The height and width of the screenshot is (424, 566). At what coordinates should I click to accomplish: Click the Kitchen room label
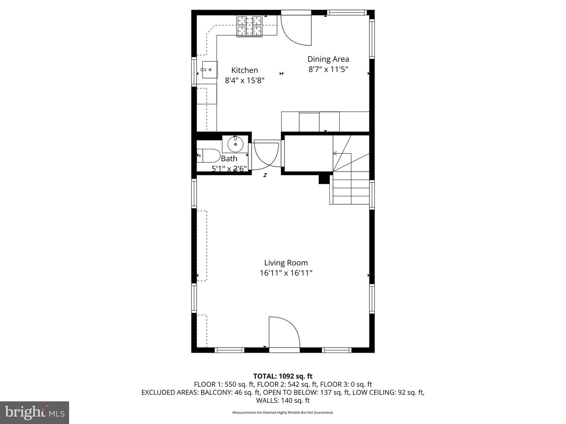pos(244,70)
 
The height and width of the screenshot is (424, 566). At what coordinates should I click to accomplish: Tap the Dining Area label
pos(328,59)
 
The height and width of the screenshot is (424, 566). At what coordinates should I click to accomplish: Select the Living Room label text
pos(286,263)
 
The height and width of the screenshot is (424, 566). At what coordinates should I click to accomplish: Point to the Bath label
pos(229,159)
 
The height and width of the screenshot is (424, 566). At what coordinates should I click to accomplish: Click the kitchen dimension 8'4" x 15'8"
pos(245,80)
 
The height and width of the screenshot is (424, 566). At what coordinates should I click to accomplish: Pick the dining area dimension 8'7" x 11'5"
pos(328,69)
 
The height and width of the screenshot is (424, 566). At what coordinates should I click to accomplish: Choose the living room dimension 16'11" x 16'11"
pos(286,273)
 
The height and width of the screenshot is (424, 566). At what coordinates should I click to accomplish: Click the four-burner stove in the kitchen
pos(249,26)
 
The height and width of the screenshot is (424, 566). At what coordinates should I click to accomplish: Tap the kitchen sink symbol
pos(209,69)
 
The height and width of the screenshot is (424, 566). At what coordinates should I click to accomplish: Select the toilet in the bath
pos(208,155)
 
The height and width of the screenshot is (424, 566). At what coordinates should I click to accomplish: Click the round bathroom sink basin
pos(235,144)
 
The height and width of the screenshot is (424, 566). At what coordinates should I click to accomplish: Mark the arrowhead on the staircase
pos(335,154)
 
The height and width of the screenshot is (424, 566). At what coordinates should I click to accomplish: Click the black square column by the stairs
pos(324,179)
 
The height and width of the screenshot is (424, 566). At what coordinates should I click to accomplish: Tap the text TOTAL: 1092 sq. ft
pos(283,376)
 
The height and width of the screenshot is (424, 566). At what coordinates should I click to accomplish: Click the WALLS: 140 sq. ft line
pos(283,400)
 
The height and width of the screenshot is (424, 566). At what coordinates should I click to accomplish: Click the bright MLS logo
pos(35,413)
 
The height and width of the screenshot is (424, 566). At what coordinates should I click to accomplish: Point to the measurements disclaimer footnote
pos(283,412)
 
